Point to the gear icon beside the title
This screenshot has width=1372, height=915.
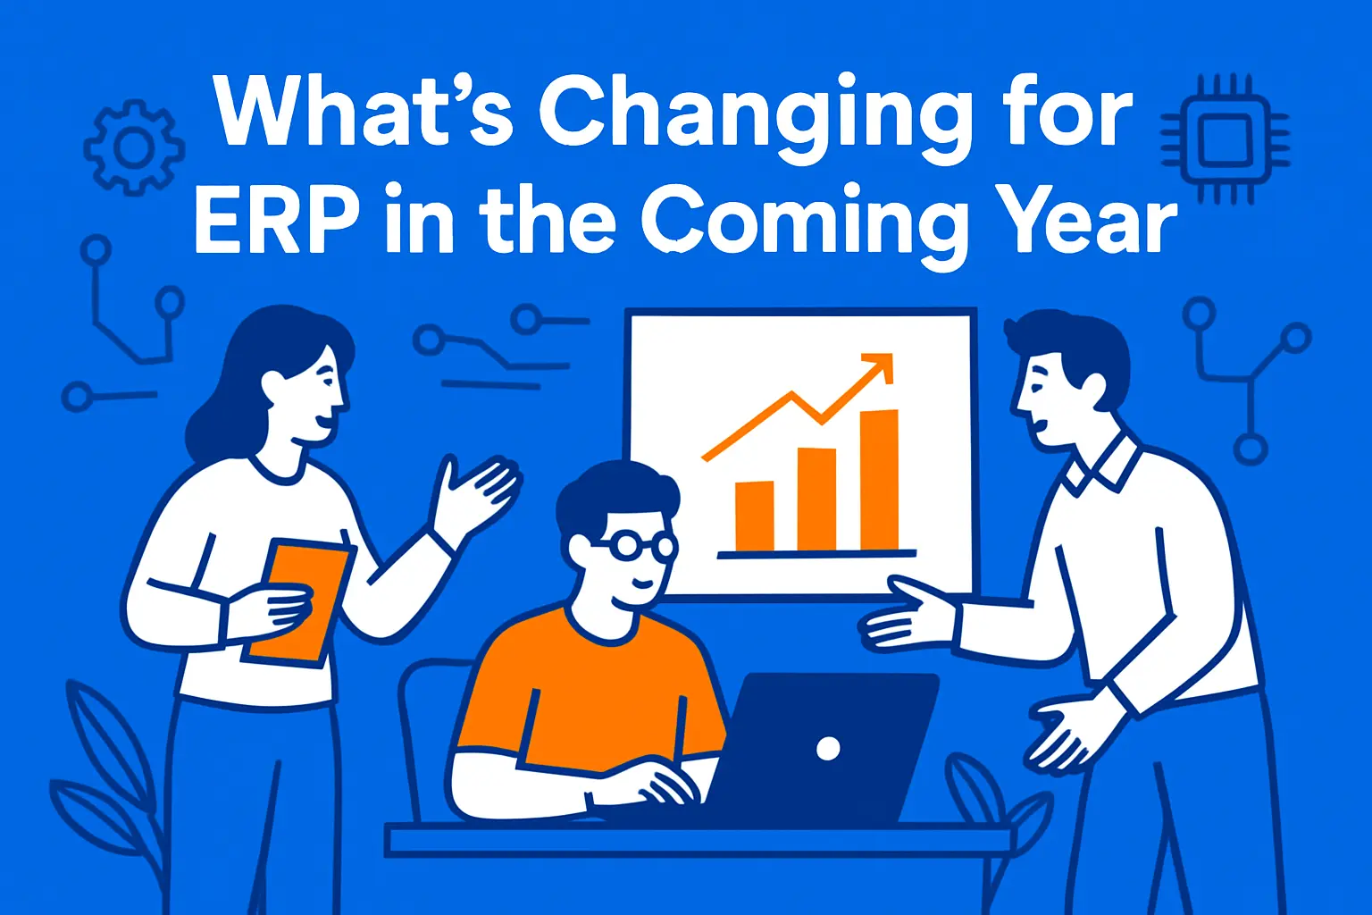pos(134,148)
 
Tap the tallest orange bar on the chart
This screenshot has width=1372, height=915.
pos(879,480)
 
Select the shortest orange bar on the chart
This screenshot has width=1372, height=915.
pos(755,516)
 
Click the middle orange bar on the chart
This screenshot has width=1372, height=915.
pos(816,499)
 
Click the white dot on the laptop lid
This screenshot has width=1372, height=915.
pos(828,748)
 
